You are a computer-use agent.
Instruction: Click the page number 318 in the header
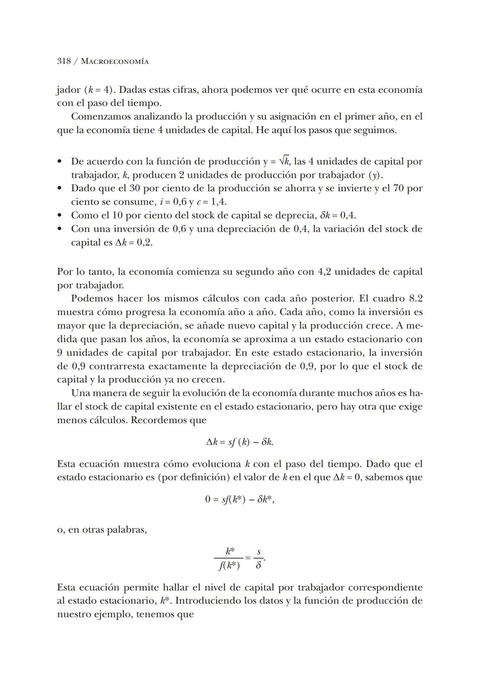[64, 61]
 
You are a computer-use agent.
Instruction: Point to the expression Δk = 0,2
[134, 242]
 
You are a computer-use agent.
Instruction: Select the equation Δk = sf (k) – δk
[239, 442]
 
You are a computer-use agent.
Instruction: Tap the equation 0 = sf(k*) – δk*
[239, 499]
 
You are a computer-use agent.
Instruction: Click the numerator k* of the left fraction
[230, 551]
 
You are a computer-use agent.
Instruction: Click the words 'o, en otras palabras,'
[102, 530]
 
